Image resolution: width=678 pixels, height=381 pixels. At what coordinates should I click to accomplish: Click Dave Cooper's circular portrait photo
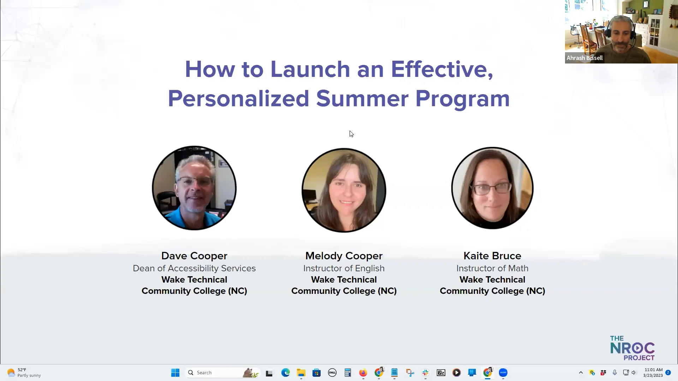point(194,188)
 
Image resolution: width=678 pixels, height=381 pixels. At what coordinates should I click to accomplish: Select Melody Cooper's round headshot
point(344,190)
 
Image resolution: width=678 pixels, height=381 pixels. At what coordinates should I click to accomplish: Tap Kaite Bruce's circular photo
point(492,188)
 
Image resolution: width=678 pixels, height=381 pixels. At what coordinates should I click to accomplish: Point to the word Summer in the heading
point(362,98)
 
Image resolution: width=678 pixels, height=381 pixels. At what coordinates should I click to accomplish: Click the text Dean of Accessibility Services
point(194,268)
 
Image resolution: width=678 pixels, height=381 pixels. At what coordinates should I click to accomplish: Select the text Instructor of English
point(344,268)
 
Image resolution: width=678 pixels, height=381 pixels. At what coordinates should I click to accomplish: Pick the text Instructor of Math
point(492,268)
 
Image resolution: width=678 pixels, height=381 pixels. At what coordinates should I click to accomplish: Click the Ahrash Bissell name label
point(584,58)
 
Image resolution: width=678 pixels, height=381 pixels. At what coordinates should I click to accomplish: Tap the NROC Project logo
point(632,348)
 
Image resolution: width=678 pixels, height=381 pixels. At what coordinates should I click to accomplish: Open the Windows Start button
point(175,373)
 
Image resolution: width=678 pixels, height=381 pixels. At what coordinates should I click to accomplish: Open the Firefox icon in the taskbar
point(363,373)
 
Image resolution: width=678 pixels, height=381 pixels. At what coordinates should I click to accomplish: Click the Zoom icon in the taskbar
point(503,373)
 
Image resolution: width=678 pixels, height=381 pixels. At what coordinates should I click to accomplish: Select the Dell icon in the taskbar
point(332,373)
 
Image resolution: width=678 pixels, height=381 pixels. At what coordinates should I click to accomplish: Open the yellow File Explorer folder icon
point(301,373)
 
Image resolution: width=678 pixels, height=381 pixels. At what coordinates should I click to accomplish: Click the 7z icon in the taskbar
point(441,373)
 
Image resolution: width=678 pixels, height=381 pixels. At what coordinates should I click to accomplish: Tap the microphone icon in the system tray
point(615,373)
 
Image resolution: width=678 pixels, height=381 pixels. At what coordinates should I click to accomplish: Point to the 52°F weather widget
point(24,373)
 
